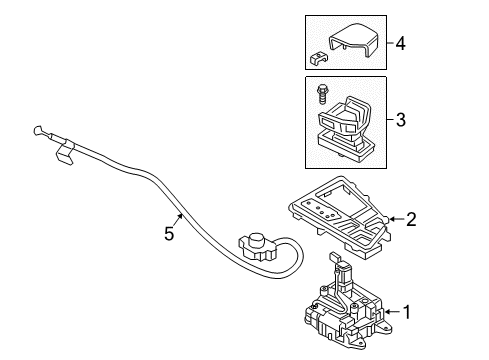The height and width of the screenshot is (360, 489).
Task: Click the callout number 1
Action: point(407,312)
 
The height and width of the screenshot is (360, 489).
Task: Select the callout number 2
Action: point(411,220)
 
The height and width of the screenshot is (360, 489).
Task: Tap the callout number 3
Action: point(401,120)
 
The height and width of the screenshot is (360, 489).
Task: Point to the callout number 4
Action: point(401,44)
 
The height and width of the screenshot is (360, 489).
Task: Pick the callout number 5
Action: point(169,233)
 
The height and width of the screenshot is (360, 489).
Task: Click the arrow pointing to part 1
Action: point(392,312)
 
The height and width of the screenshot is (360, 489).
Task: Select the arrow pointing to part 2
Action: point(396,219)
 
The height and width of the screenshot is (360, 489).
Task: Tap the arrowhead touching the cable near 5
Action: point(181,215)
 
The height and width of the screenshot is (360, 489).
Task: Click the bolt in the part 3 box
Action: point(321,94)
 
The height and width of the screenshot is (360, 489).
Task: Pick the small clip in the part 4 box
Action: point(319,58)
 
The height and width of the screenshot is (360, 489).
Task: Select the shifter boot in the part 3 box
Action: point(344,130)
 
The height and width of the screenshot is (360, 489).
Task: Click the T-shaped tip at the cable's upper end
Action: point(38,130)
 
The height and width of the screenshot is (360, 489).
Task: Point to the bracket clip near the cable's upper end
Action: point(65,152)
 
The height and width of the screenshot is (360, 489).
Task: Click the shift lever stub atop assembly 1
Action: point(334,257)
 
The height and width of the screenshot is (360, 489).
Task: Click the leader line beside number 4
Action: point(390,43)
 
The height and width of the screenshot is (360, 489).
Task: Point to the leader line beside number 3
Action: point(390,119)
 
